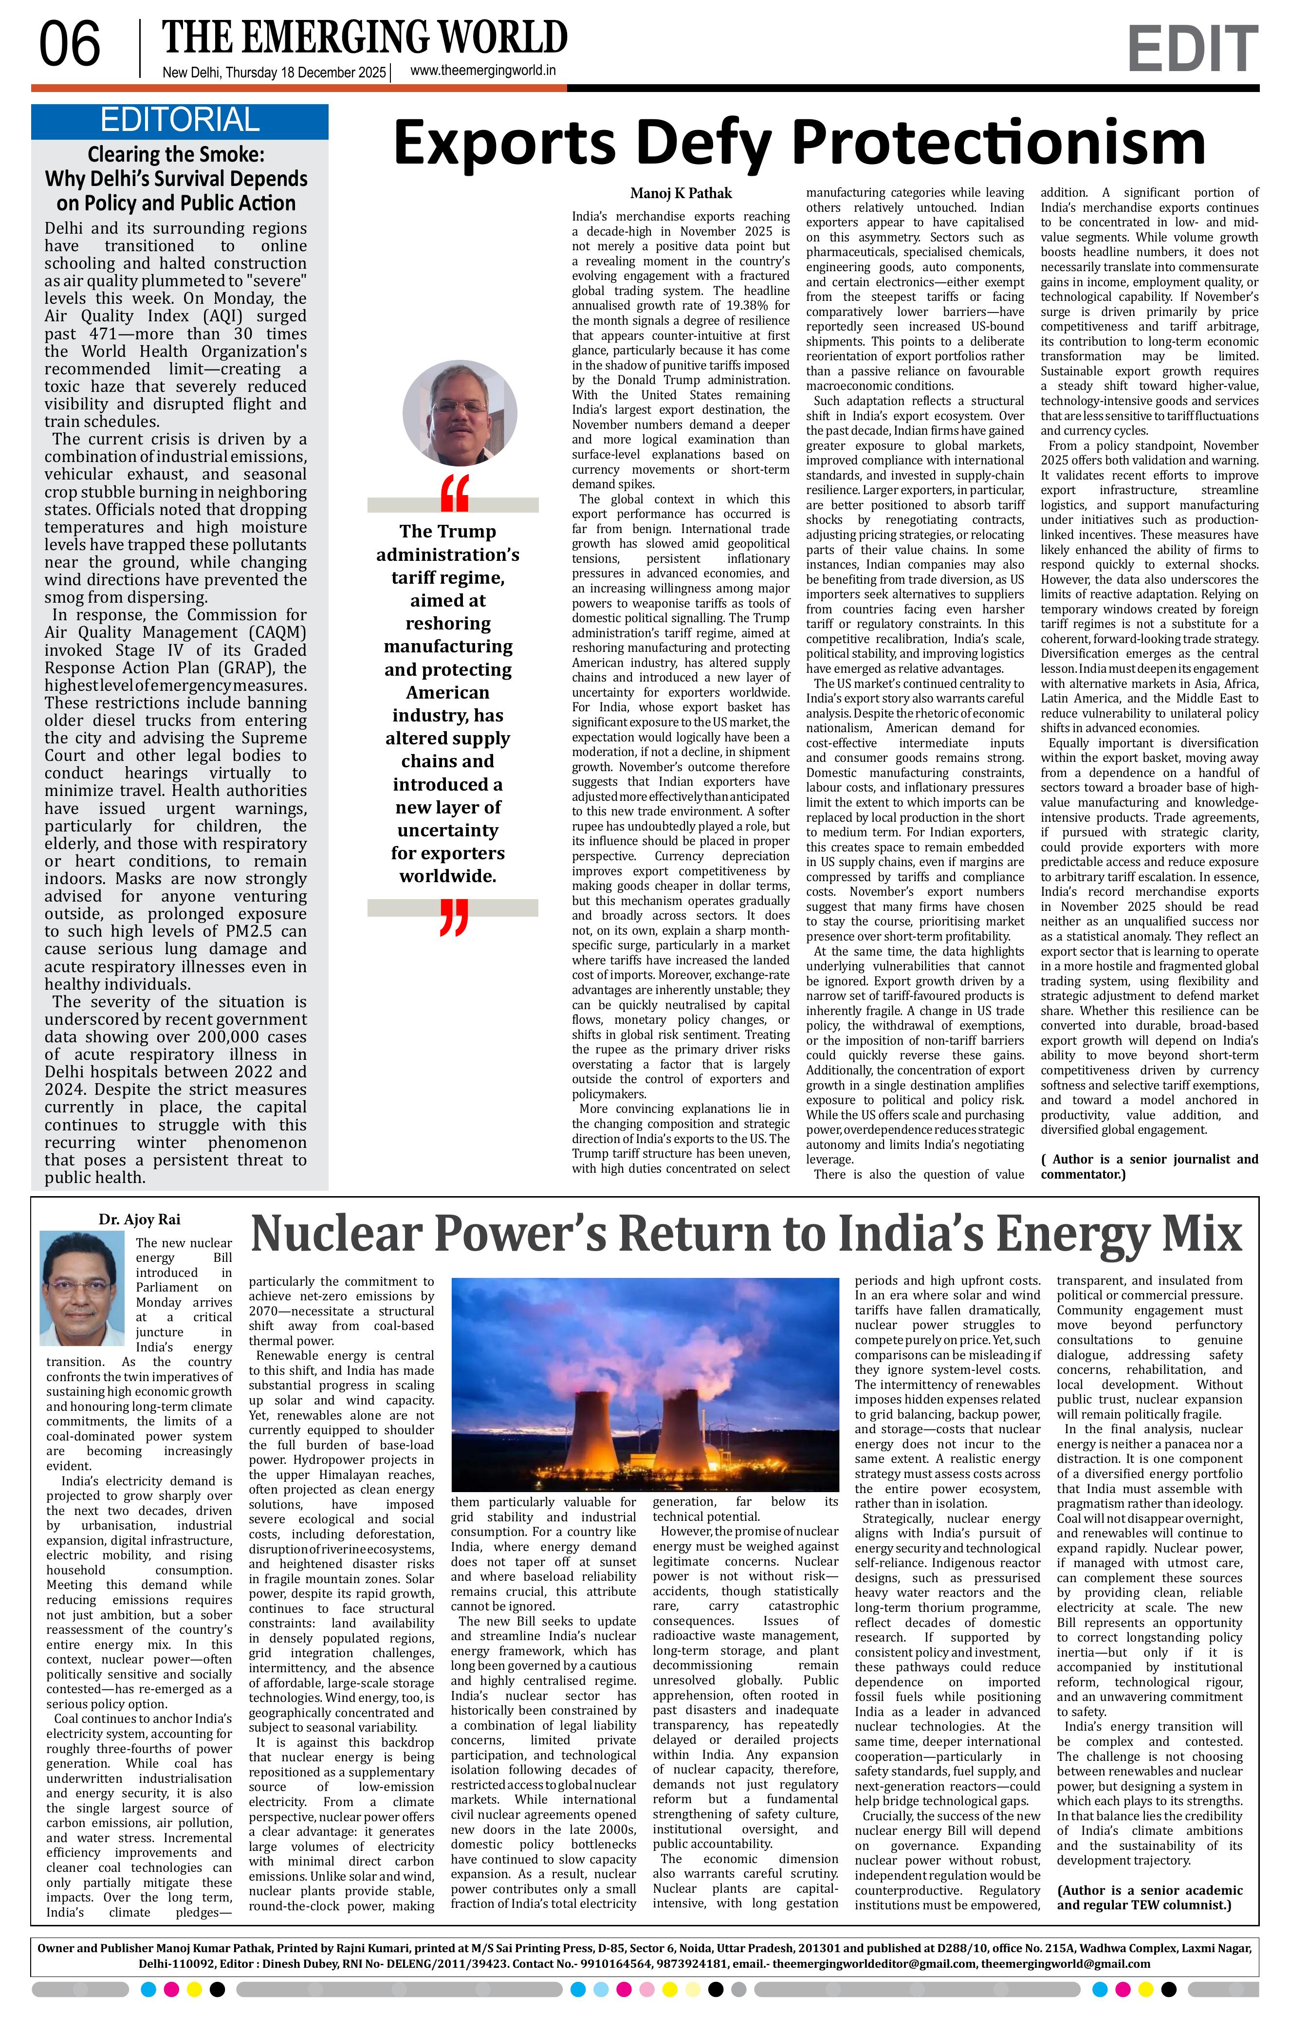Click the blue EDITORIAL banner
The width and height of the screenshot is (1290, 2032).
[x=179, y=121]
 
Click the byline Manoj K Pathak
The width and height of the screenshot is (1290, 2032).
[x=681, y=193]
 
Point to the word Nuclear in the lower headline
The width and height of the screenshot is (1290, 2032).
[x=337, y=1235]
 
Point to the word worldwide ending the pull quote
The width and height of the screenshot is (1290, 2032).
[x=447, y=876]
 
